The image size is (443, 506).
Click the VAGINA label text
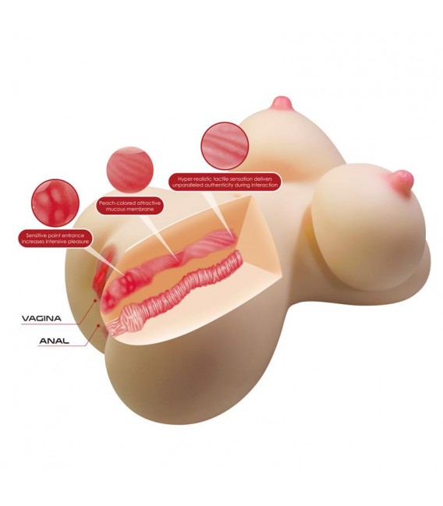pos(41,319)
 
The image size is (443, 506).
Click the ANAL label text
pos(55,341)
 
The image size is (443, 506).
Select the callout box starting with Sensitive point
pos(55,238)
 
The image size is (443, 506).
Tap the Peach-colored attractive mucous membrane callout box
pos(129,206)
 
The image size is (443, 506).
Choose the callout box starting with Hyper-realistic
pos(225,182)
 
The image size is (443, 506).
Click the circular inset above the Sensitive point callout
pos(55,203)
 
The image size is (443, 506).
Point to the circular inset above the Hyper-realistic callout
pos(225,146)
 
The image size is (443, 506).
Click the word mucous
pos(118,210)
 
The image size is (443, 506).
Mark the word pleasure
pos(76,242)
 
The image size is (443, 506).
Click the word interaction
pos(264,186)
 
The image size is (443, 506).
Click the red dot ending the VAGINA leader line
pos(96,300)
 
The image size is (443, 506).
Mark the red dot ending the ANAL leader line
pos(98,326)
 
